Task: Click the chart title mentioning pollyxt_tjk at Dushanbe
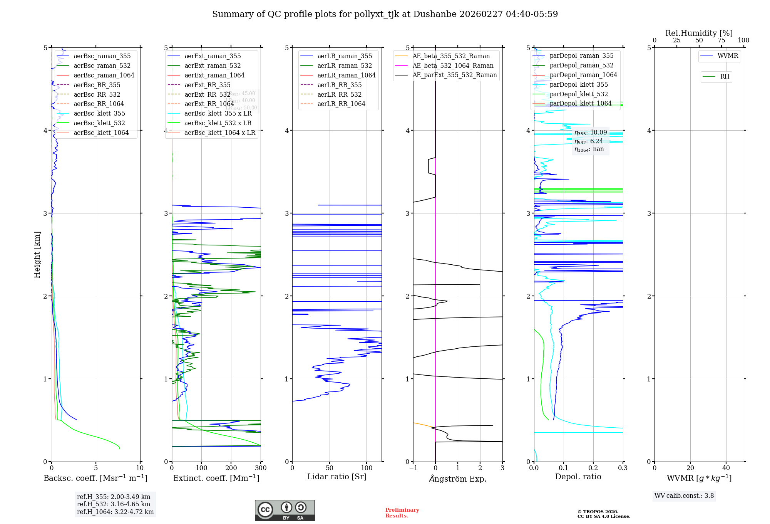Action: coord(385,14)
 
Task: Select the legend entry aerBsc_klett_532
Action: coord(99,123)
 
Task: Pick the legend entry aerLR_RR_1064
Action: coord(341,104)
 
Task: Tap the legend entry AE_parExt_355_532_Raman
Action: coord(454,75)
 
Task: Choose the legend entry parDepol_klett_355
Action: coord(579,85)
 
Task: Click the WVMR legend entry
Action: coord(727,56)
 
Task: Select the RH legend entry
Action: coord(724,77)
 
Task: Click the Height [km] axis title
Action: coord(37,255)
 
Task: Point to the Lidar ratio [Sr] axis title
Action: coord(337,477)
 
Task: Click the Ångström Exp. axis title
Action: coord(458,479)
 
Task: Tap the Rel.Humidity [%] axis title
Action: coord(699,33)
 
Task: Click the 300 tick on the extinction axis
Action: coord(261,468)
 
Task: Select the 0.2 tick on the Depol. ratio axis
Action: coord(593,468)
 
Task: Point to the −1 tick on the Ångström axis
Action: coord(413,468)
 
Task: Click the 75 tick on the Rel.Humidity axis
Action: coord(721,40)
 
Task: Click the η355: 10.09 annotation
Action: coord(590,133)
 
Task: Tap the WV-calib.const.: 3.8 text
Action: coord(684,496)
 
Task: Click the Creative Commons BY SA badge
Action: coord(285,511)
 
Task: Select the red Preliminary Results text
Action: coord(402,513)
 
